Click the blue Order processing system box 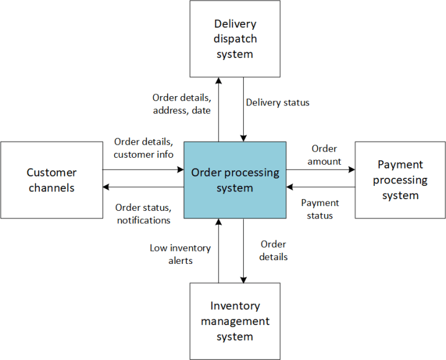pyautogui.click(x=235, y=180)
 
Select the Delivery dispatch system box pyautogui.click(x=235, y=39)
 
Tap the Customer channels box pyautogui.click(x=52, y=180)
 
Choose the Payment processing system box pyautogui.click(x=400, y=180)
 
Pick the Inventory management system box pyautogui.click(x=235, y=321)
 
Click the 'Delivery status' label pyautogui.click(x=278, y=102)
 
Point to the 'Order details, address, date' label pyautogui.click(x=182, y=104)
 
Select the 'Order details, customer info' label pyautogui.click(x=143, y=148)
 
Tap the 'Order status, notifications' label pyautogui.click(x=143, y=213)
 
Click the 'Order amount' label pyautogui.click(x=324, y=155)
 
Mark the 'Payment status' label pyautogui.click(x=320, y=209)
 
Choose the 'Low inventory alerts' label pyautogui.click(x=180, y=254)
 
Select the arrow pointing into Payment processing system pyautogui.click(x=321, y=168)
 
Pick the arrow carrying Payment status pyautogui.click(x=321, y=187)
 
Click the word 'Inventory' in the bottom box pyautogui.click(x=235, y=306)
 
